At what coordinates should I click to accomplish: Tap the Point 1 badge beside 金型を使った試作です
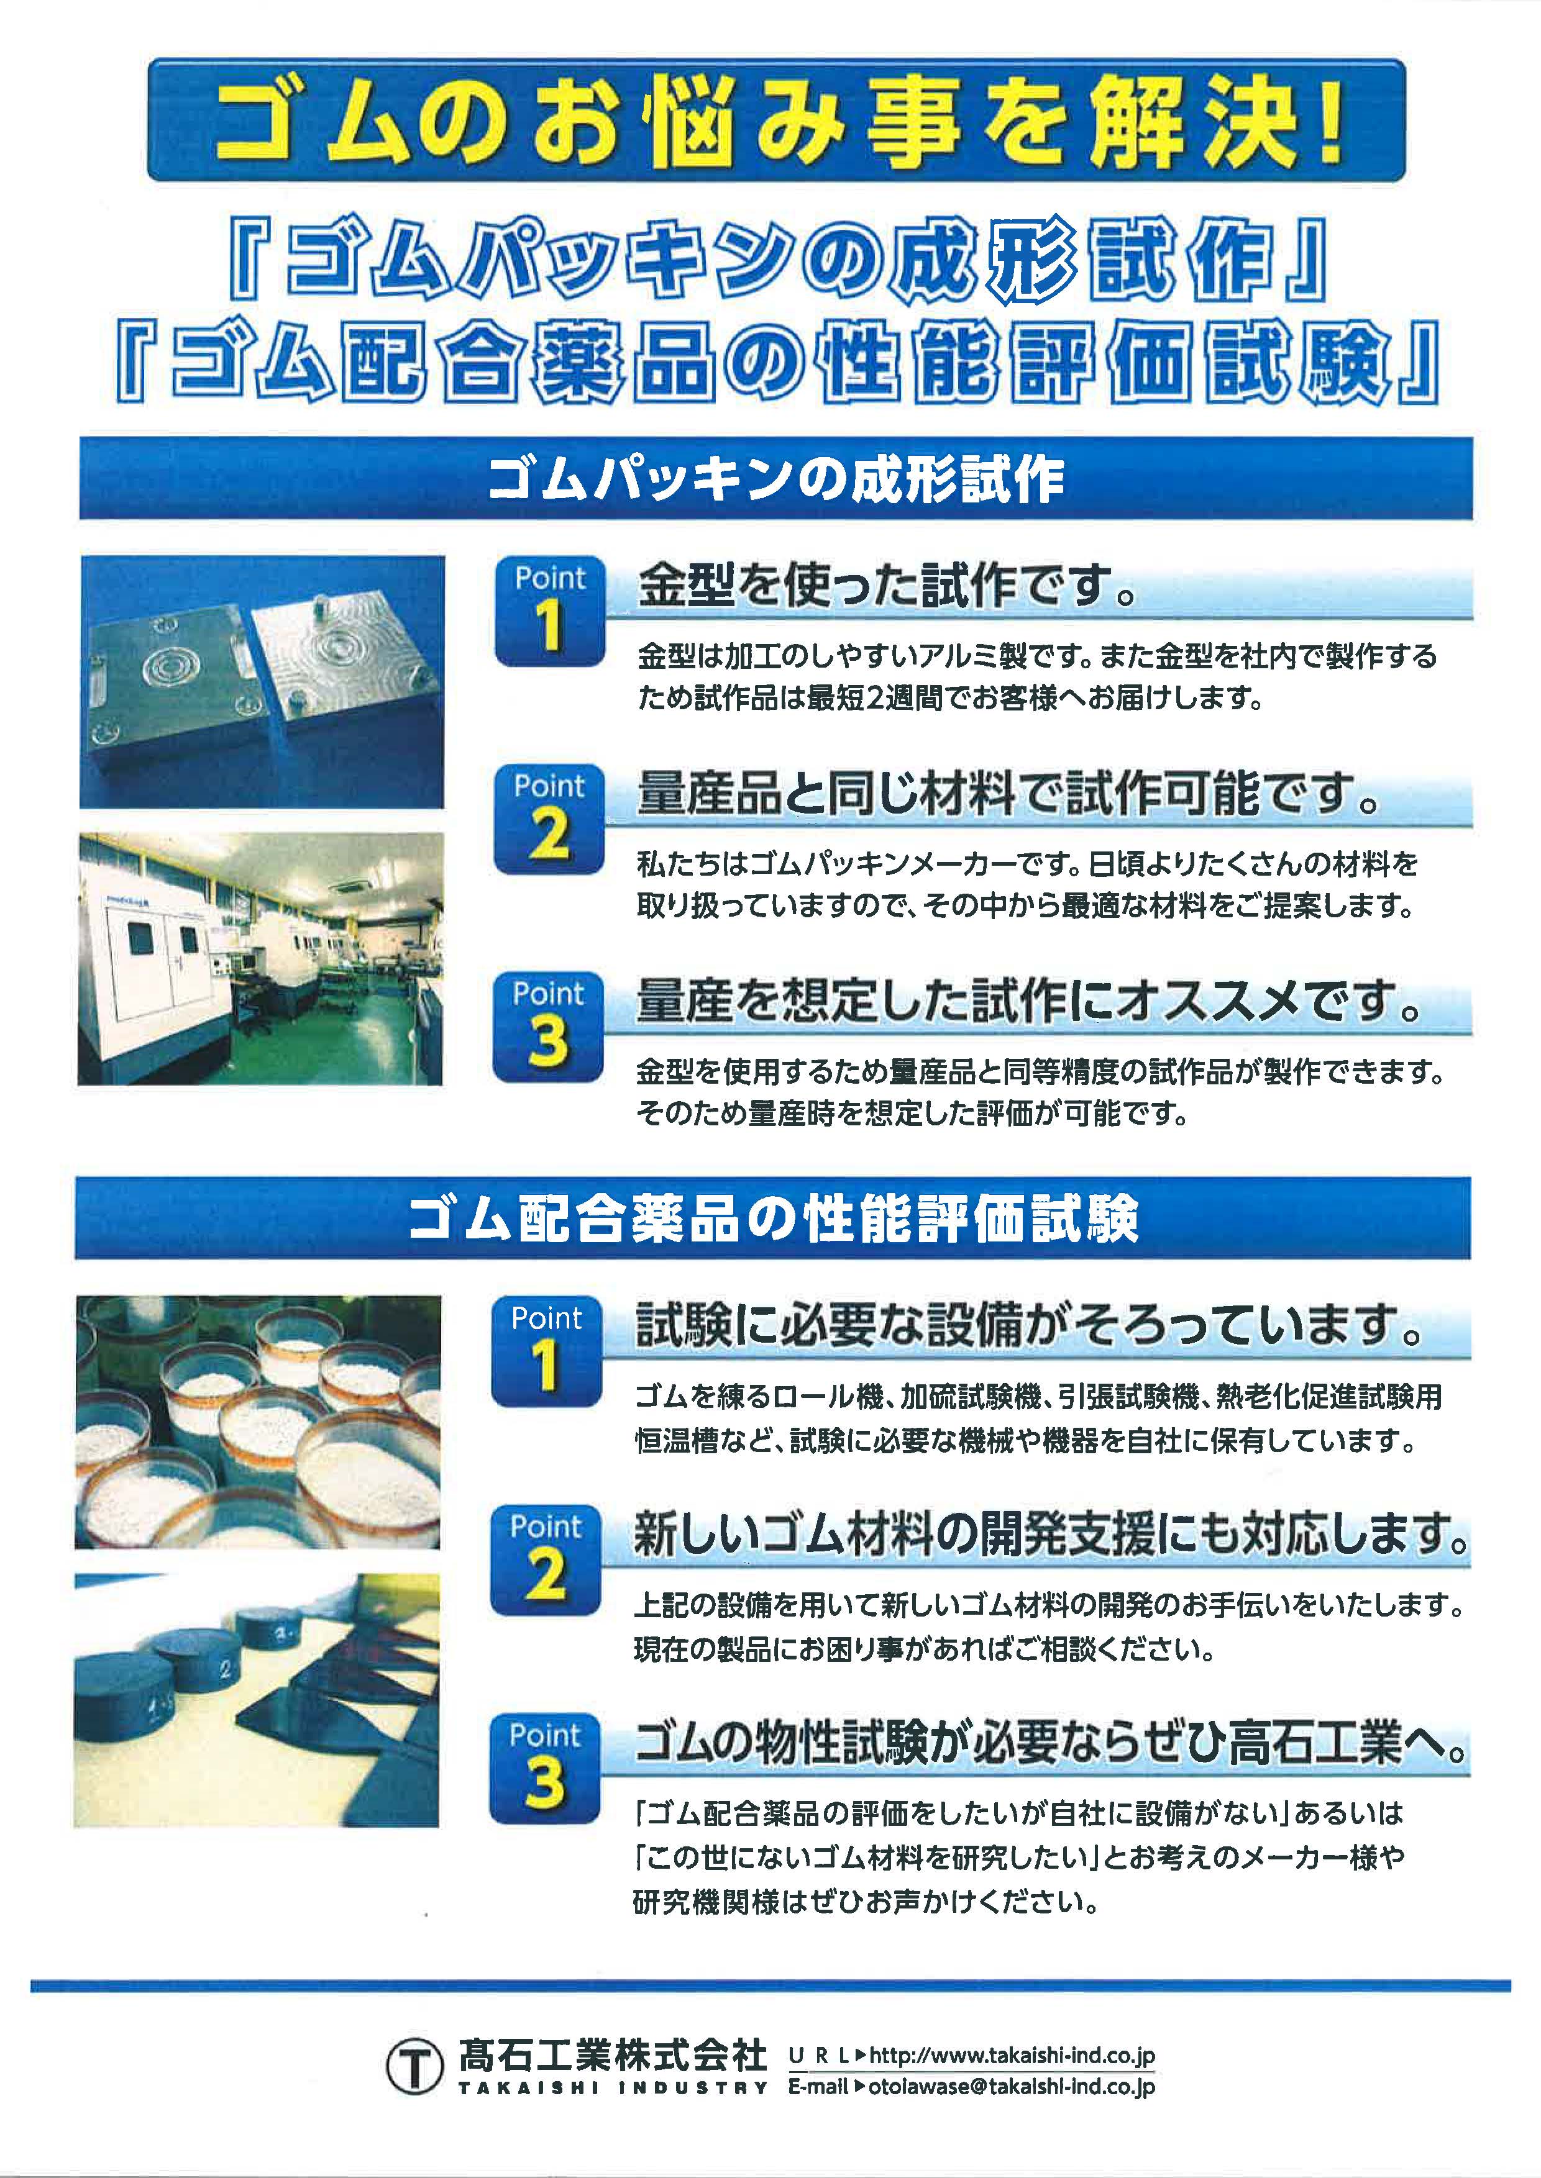click(549, 611)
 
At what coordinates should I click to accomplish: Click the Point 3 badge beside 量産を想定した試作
click(549, 1027)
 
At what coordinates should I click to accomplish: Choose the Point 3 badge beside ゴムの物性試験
click(545, 1768)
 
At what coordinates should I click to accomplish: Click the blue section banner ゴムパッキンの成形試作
click(775, 478)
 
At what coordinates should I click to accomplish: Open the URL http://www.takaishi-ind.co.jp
click(1012, 2056)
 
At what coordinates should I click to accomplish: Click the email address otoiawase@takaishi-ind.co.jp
click(1012, 2087)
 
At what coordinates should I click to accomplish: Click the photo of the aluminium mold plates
click(262, 682)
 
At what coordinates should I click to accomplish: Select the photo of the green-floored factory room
click(260, 959)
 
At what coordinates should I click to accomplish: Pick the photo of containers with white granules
click(257, 1422)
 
